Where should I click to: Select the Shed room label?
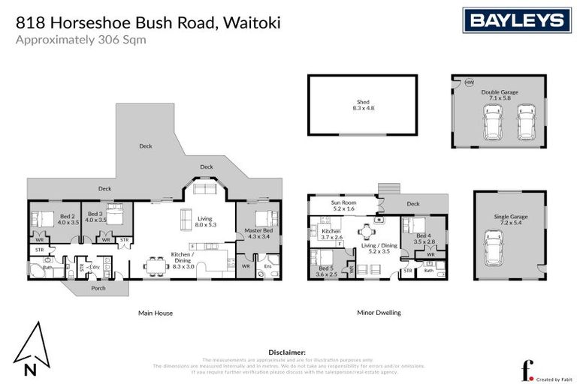point(363,105)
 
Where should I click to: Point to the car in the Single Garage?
point(493,247)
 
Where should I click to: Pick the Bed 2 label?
point(68,218)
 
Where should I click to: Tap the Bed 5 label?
point(326,271)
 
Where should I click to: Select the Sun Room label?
point(343,205)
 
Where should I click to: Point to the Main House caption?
point(155,313)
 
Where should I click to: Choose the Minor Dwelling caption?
point(379,313)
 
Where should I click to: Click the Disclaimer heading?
point(287,352)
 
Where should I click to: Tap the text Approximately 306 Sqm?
point(80,40)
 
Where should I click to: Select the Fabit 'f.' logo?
point(527,370)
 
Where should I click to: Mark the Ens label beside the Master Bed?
point(267,265)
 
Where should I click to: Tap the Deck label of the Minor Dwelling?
point(412,203)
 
